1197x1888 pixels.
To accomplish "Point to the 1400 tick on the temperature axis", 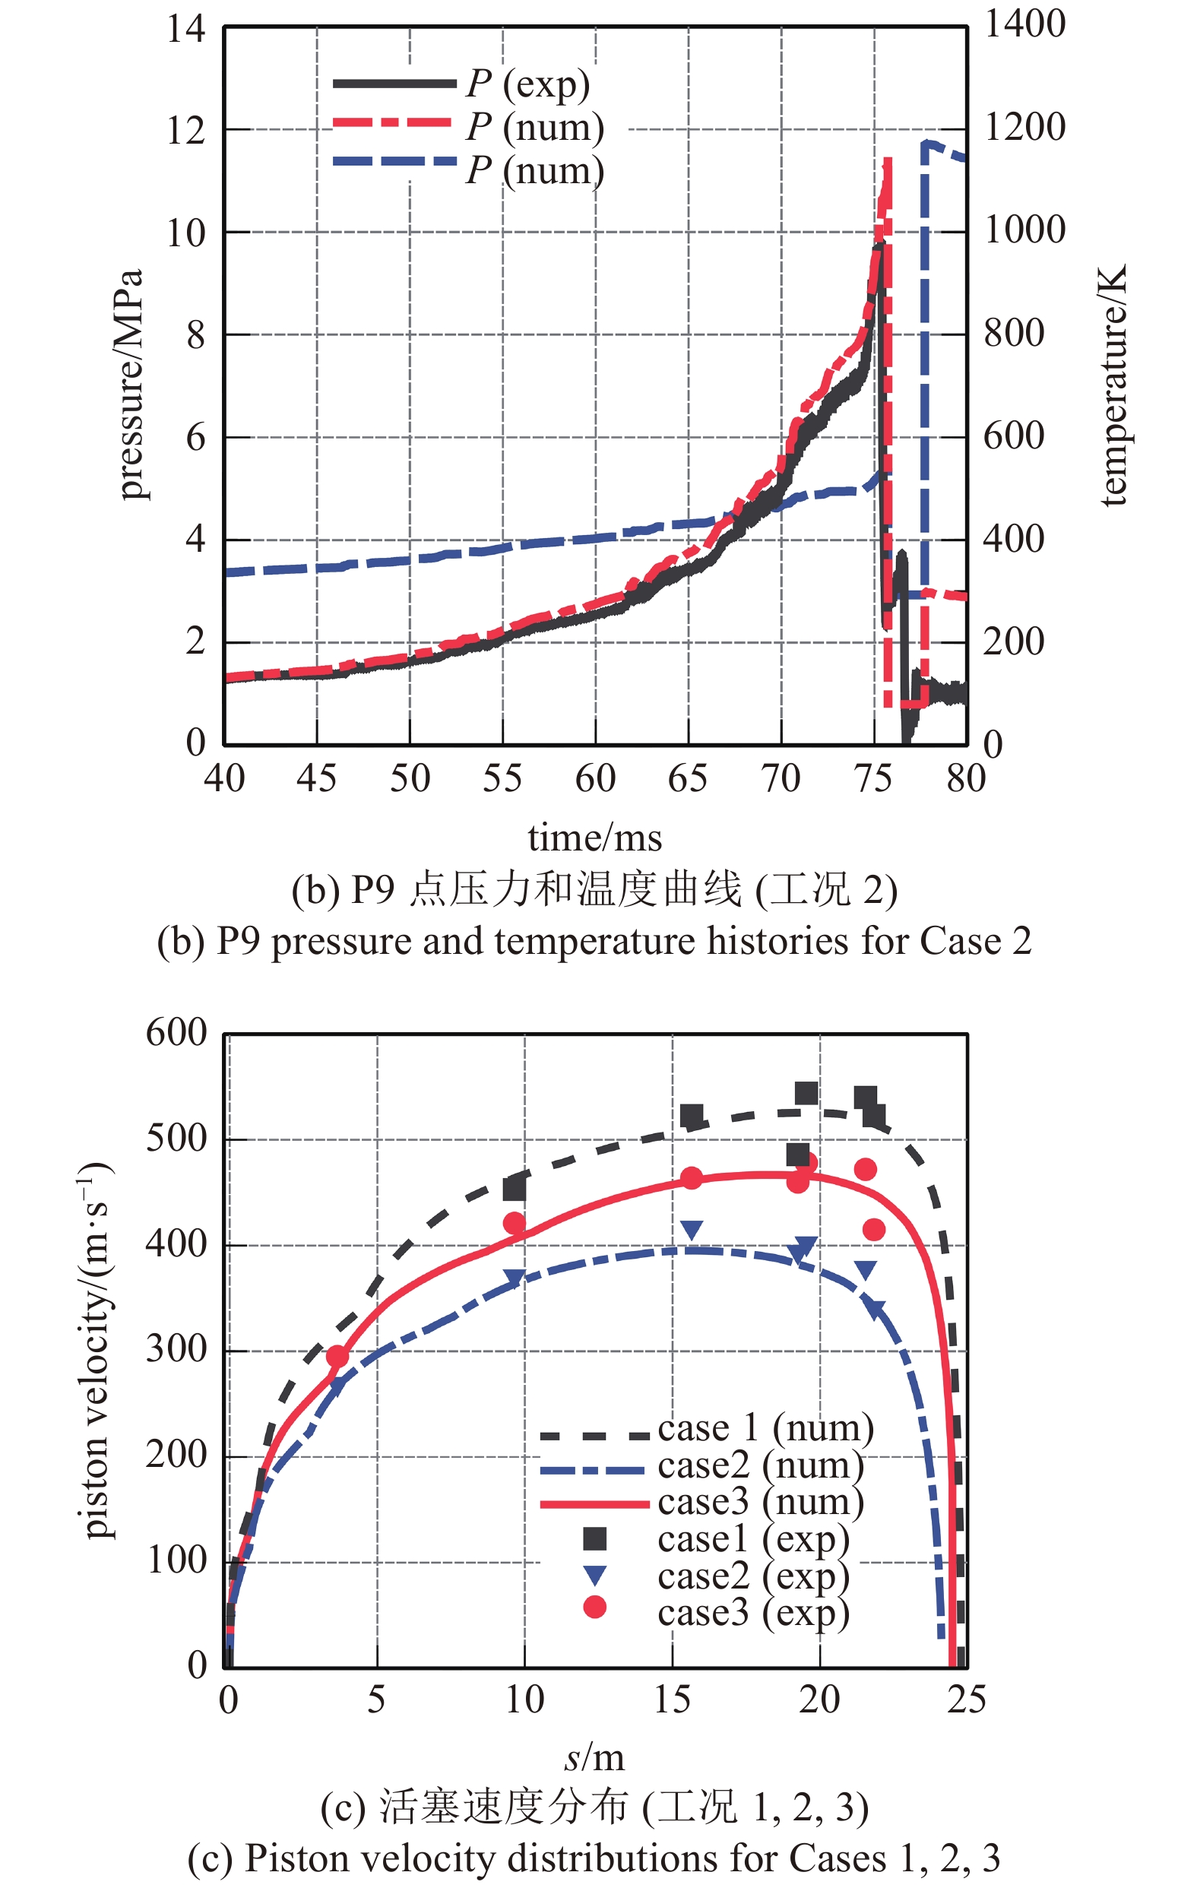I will (1024, 24).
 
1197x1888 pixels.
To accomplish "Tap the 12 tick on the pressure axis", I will (185, 130).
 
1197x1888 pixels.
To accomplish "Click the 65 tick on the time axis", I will (688, 778).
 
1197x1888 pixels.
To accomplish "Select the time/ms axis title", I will (594, 838).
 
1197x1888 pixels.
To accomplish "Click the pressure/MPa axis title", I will (129, 384).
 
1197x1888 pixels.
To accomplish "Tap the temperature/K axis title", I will (1113, 384).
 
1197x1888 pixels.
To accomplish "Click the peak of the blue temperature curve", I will (926, 143).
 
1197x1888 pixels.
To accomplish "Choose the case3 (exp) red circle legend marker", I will (595, 1608).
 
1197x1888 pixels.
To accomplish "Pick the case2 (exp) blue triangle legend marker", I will (595, 1573).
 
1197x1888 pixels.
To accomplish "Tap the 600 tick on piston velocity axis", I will (176, 1033).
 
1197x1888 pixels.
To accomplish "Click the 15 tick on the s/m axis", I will (672, 1700).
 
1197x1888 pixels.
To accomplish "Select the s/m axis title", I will (594, 1759).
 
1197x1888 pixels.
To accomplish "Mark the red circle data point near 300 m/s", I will (338, 1356).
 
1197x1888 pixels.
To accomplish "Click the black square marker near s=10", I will (514, 1190).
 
